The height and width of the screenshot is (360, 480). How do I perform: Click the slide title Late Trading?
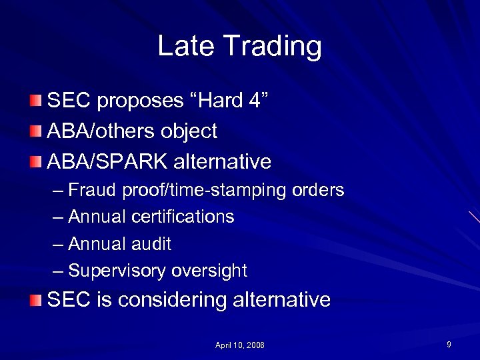click(239, 47)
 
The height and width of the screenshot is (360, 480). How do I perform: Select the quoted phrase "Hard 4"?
click(229, 101)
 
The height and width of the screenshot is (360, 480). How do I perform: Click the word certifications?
click(183, 217)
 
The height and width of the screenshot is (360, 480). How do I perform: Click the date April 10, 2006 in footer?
click(240, 345)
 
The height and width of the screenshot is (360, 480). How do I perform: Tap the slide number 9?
click(449, 345)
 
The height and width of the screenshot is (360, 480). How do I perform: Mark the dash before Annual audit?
click(58, 245)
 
